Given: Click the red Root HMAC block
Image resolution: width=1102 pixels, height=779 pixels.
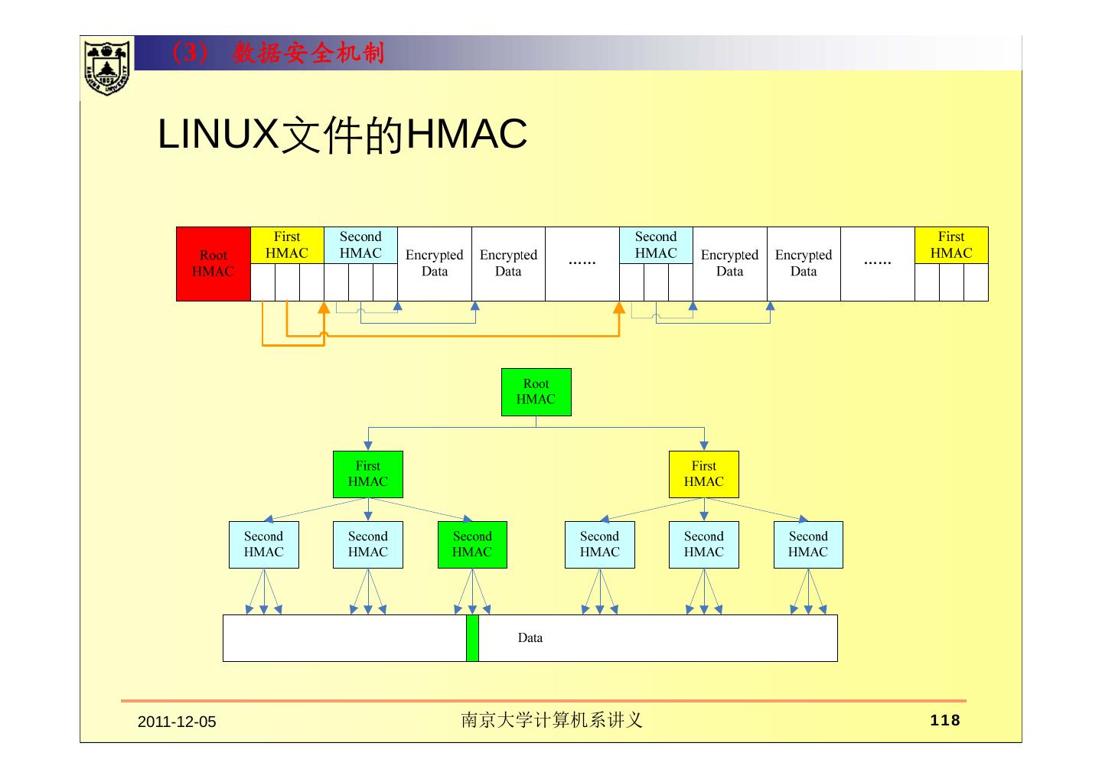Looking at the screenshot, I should [x=213, y=263].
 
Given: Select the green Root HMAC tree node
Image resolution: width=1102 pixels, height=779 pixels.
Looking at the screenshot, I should [x=536, y=392].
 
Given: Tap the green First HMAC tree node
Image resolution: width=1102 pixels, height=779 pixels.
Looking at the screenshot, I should [x=367, y=474].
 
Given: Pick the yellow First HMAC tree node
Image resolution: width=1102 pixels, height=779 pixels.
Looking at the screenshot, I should [x=703, y=474].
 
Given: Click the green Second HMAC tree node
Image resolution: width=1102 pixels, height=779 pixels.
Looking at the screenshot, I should [x=472, y=544].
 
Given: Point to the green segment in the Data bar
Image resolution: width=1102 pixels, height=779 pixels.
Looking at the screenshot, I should [x=472, y=637].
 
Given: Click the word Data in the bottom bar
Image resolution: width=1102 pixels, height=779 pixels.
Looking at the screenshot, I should [x=530, y=637].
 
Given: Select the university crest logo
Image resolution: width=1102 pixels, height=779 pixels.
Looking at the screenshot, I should [x=106, y=67].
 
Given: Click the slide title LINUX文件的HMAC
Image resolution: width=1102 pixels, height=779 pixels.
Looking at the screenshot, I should [x=342, y=135].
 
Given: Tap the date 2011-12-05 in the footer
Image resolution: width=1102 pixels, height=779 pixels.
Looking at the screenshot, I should [x=177, y=722].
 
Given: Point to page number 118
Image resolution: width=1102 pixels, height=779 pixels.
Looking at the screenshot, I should [x=945, y=720].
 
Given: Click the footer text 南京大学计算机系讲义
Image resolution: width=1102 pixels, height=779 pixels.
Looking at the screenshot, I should [x=551, y=720].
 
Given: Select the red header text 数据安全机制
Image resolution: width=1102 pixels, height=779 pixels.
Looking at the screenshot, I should [x=308, y=53].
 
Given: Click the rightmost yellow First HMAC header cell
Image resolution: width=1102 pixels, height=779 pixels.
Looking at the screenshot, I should [x=951, y=245].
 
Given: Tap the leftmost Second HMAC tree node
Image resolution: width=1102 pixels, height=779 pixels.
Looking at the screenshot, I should [x=263, y=544].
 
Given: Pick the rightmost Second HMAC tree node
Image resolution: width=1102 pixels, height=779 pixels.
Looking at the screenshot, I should [x=808, y=544].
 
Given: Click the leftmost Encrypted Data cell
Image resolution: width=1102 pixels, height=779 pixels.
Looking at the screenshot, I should [x=434, y=263].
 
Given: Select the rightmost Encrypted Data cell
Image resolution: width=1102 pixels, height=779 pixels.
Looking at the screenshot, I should [x=803, y=263].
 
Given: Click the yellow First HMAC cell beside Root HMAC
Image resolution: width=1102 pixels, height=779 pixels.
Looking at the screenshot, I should [x=287, y=245].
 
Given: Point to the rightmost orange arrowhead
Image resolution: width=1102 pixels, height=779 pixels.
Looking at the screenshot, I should [x=619, y=308].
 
